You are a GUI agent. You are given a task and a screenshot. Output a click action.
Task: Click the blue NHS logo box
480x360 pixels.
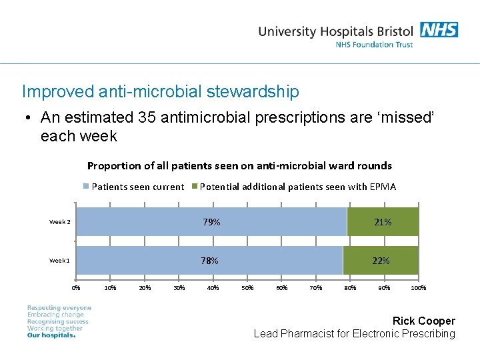click(x=439, y=30)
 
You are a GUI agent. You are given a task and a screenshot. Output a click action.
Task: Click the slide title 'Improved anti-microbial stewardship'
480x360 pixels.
click(x=161, y=91)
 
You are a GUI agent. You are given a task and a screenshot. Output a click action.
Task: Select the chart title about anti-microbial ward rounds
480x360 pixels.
click(x=239, y=165)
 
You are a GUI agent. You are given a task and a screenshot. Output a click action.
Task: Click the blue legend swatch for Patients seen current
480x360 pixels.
click(x=86, y=187)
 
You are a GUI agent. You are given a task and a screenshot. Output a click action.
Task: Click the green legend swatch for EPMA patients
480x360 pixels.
click(x=195, y=187)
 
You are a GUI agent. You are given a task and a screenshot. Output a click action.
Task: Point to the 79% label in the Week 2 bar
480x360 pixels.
click(x=211, y=222)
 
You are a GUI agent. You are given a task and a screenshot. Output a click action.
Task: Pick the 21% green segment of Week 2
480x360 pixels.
click(x=383, y=222)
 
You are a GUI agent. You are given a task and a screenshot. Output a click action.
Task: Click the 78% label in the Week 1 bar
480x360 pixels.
click(x=209, y=261)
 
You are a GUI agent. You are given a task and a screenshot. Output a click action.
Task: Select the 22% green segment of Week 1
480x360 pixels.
click(x=381, y=261)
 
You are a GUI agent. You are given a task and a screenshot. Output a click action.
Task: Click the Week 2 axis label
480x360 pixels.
click(x=59, y=222)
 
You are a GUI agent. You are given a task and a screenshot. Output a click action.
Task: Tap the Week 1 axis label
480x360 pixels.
click(x=59, y=261)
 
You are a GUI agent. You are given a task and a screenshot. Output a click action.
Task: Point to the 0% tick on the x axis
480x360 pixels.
click(x=76, y=288)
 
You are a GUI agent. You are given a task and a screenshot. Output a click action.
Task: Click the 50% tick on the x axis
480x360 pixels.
click(x=247, y=288)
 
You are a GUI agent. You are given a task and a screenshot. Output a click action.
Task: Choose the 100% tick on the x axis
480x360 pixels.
click(x=418, y=288)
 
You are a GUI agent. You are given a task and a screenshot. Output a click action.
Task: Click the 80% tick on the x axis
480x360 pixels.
click(x=349, y=288)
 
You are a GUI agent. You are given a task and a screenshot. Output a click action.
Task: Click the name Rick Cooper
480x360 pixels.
click(x=423, y=321)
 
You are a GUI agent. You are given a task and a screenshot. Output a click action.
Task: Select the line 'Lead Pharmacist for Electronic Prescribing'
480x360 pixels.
click(x=354, y=334)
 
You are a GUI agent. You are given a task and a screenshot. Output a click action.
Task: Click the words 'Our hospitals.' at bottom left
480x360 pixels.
click(x=51, y=335)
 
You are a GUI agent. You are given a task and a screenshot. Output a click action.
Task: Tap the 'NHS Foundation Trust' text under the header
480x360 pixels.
click(x=374, y=45)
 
